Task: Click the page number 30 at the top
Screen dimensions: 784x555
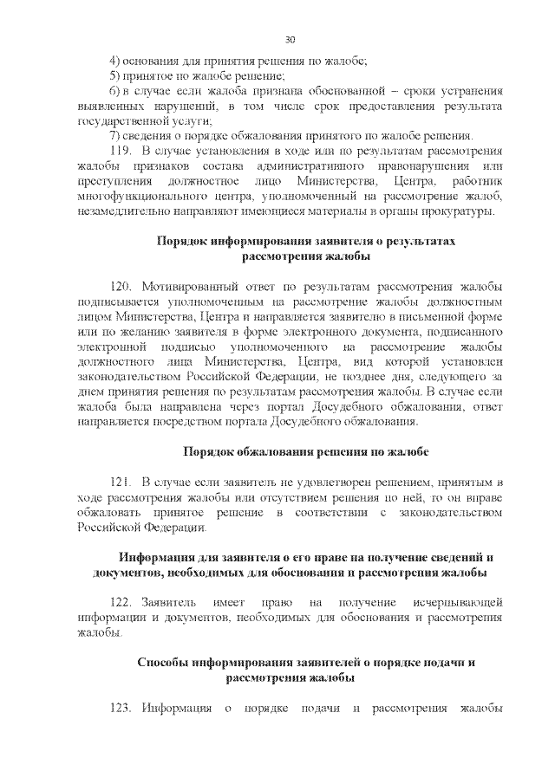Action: click(290, 39)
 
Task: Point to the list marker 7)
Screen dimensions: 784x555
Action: click(114, 136)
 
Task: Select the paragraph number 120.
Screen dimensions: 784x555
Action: click(121, 287)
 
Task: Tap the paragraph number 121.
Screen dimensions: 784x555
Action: click(121, 481)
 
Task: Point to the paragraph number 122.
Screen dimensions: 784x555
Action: click(121, 601)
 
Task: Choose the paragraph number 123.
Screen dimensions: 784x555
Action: click(121, 709)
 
